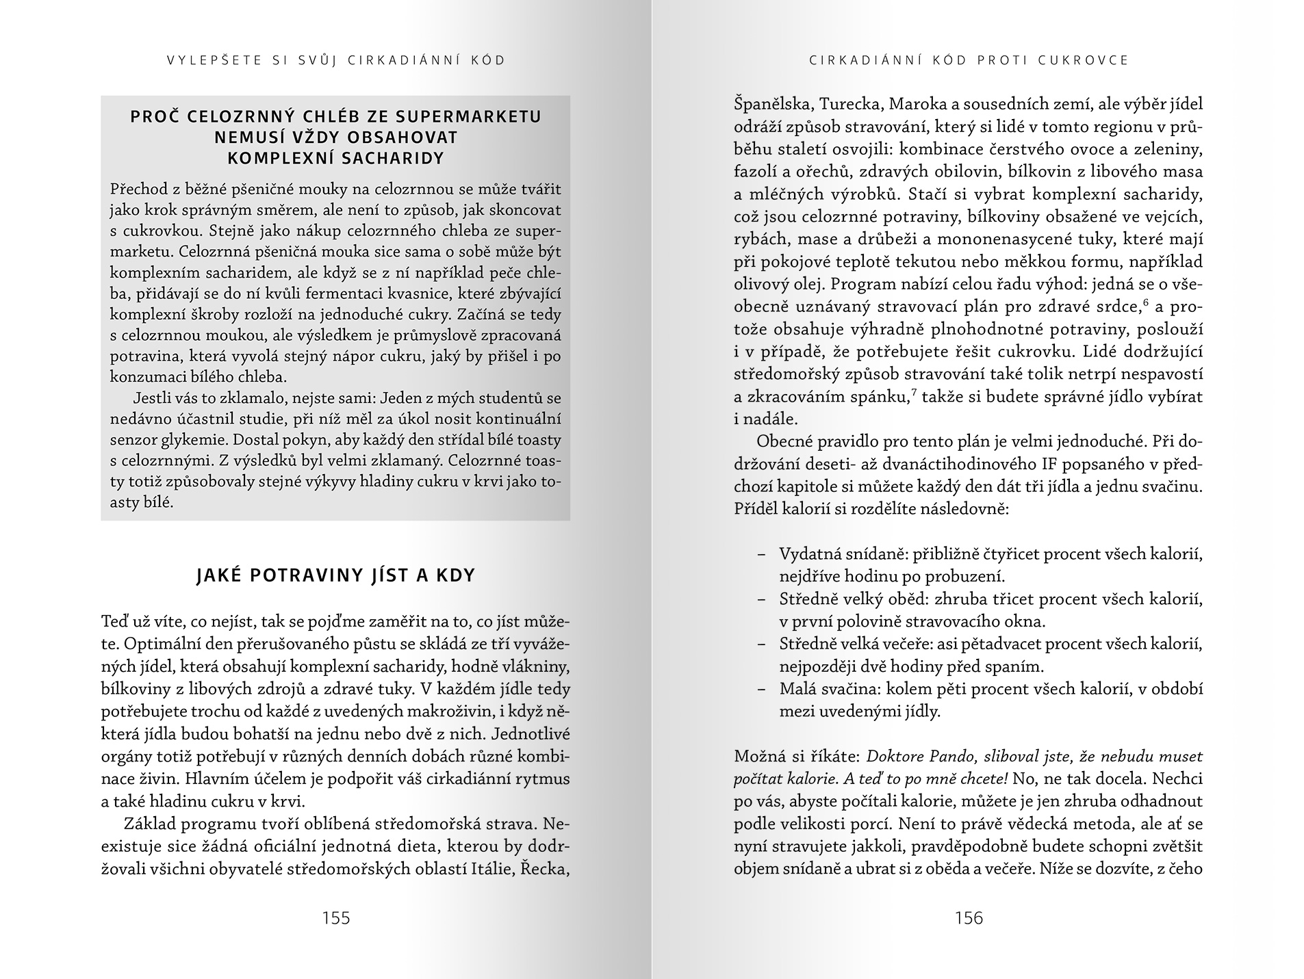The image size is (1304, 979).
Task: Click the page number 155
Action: click(335, 918)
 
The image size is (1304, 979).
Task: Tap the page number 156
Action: click(969, 918)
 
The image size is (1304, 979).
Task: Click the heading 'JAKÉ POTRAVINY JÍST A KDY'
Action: click(335, 575)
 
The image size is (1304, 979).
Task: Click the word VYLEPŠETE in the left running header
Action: click(214, 60)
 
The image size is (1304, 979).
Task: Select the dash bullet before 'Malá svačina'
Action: click(761, 690)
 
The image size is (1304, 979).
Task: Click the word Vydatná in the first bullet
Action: click(808, 554)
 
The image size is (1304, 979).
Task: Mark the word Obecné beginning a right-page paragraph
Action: click(785, 441)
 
